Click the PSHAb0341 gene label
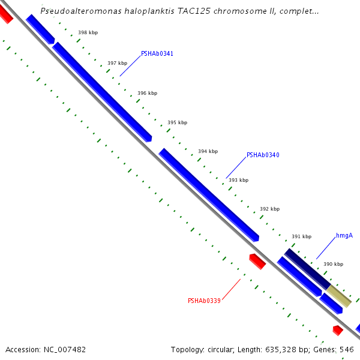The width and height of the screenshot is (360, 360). tap(157, 53)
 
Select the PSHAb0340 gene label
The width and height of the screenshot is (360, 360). tap(263, 155)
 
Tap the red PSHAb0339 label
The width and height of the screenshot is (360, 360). tap(204, 301)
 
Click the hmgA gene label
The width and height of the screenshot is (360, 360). tap(344, 235)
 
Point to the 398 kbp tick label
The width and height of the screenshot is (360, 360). tap(88, 32)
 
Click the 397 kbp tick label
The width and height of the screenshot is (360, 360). tap(117, 63)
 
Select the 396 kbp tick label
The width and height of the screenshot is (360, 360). tap(147, 93)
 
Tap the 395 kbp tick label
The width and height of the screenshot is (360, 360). tap(177, 122)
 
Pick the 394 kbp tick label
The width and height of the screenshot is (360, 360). tap(208, 151)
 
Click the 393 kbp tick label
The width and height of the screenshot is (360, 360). tap(238, 180)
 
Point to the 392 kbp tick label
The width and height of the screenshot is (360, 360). tap(269, 209)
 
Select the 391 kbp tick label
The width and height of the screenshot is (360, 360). tap(301, 236)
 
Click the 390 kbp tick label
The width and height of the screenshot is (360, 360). tap(333, 264)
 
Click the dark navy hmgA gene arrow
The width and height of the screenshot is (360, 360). tap(307, 269)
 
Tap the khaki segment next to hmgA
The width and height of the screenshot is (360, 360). tap(339, 296)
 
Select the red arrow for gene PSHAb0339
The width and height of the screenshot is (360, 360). tap(257, 261)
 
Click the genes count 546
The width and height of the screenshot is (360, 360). tap(347, 349)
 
